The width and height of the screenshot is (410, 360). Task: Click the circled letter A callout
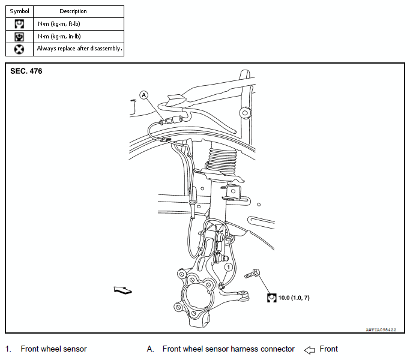[143, 95]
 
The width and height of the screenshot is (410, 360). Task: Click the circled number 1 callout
[228, 266]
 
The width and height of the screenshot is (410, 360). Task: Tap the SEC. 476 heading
[26, 71]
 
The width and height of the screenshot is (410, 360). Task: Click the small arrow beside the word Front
[310, 349]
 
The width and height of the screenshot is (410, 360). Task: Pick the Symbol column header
[19, 11]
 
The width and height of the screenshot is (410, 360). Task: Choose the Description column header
[73, 11]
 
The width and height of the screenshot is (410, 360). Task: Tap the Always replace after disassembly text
[79, 49]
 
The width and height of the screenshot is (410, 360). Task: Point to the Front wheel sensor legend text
[53, 349]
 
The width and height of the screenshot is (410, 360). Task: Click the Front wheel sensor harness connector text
[228, 349]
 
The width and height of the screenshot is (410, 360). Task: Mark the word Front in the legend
[328, 349]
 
